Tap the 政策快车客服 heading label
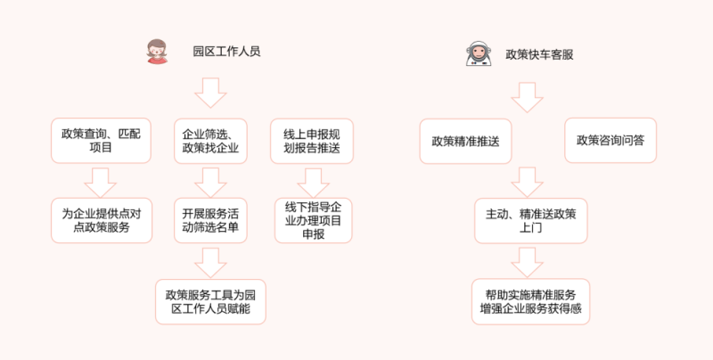click(x=539, y=53)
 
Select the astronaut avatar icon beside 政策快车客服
click(x=477, y=54)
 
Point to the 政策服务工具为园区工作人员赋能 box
click(x=211, y=299)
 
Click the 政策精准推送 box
click(x=465, y=141)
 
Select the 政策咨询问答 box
click(x=611, y=140)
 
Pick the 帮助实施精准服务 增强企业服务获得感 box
click(x=531, y=300)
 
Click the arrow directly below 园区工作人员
click(x=211, y=92)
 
